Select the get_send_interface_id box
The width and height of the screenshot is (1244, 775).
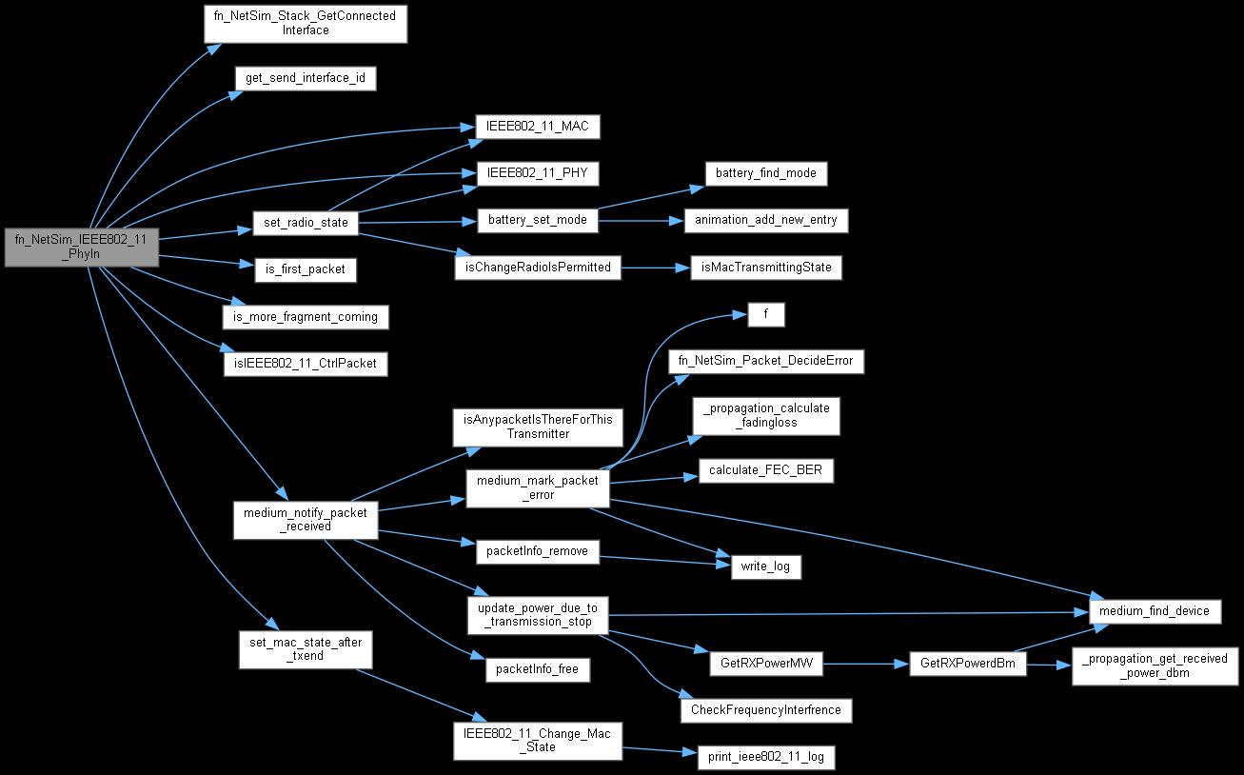pyautogui.click(x=305, y=78)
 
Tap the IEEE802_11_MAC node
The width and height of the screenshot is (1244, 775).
pyautogui.click(x=538, y=128)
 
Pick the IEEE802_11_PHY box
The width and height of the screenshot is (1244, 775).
pyautogui.click(x=538, y=174)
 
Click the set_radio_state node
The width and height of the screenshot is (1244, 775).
pyautogui.click(x=305, y=224)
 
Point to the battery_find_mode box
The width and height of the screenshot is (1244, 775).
pyautogui.click(x=765, y=173)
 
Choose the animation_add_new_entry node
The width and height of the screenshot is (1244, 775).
pyautogui.click(x=765, y=221)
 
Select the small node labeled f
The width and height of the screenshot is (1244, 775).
pyautogui.click(x=765, y=315)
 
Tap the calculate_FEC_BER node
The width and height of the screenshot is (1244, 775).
pyautogui.click(x=765, y=470)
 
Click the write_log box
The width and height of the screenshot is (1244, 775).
pyautogui.click(x=765, y=567)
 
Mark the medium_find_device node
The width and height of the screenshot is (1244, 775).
pyautogui.click(x=1154, y=611)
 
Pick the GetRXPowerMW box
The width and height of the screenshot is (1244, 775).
pyautogui.click(x=765, y=665)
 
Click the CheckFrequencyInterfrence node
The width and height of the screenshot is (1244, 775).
pyautogui.click(x=765, y=710)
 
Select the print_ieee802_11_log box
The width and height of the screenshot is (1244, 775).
pyautogui.click(x=765, y=758)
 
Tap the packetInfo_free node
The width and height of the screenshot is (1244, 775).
pyautogui.click(x=538, y=670)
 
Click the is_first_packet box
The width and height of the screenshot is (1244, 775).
pyautogui.click(x=305, y=270)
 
